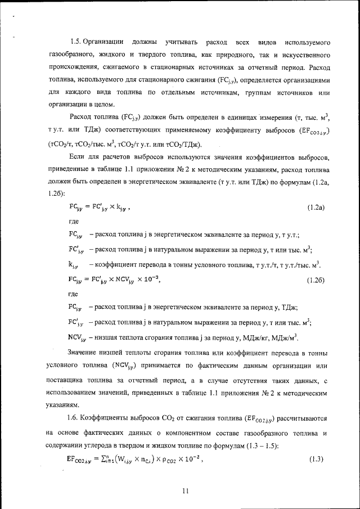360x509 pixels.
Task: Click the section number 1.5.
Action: tap(76, 43)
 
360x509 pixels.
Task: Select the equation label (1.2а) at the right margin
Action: tap(316, 208)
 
